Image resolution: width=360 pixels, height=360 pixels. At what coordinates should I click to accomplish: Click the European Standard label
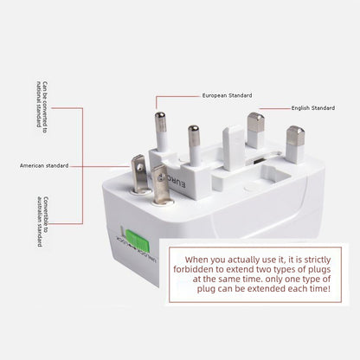tap(227, 95)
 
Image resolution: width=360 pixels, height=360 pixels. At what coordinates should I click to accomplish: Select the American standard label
tap(44, 165)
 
